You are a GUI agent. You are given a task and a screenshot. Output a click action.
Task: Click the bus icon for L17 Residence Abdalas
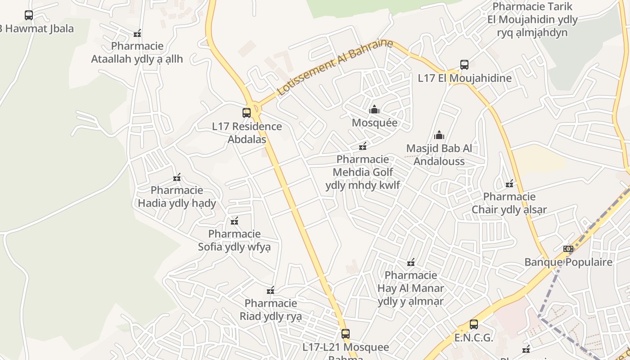247,112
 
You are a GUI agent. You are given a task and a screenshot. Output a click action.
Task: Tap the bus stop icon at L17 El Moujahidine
464,64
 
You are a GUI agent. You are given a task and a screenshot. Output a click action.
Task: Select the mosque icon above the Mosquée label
374,109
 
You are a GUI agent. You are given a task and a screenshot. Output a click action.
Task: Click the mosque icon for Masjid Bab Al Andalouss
439,135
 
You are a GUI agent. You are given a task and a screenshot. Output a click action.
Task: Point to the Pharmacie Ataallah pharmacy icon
137,33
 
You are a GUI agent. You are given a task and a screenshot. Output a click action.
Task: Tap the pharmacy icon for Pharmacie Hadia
177,177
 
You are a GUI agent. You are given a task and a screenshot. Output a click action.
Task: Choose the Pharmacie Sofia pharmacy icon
234,220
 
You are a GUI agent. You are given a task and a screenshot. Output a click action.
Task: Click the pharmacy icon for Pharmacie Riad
270,290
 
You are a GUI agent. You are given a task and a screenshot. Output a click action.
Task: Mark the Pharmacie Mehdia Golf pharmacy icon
363,146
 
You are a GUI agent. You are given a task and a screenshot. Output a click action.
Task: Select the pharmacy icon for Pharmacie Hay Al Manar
411,262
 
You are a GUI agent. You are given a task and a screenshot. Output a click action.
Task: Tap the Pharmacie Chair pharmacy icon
509,184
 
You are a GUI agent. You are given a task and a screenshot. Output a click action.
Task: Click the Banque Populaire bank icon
568,249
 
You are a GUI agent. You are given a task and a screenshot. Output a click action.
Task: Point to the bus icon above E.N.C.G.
474,324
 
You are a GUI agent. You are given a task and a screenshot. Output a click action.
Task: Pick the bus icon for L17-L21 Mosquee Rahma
346,334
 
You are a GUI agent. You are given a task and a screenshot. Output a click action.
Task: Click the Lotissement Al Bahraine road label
335,67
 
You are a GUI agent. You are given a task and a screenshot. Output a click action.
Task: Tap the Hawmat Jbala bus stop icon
29,15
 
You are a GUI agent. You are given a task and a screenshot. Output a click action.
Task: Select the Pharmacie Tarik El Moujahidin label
532,19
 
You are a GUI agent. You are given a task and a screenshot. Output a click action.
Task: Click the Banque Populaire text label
569,262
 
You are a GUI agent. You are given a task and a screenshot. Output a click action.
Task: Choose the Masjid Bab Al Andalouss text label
439,154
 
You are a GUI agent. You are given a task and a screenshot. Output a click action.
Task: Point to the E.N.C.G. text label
474,338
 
